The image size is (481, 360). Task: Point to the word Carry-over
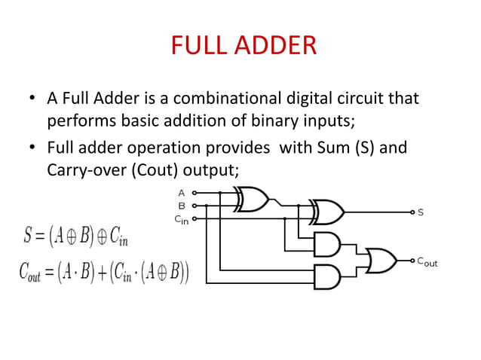(x=87, y=169)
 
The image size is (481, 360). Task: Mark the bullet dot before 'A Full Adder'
(x=32, y=99)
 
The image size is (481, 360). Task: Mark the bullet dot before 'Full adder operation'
(x=32, y=148)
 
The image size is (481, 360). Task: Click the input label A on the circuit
(x=181, y=193)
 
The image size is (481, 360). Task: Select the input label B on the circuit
(x=181, y=205)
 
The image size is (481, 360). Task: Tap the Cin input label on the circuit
(x=181, y=219)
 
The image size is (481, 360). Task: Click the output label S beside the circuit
(x=421, y=213)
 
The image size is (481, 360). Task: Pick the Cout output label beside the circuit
(x=427, y=263)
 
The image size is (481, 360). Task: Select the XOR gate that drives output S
(x=328, y=212)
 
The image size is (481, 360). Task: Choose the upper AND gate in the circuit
(x=326, y=245)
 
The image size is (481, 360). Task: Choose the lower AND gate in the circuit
(x=326, y=276)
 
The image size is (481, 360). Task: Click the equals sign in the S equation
(x=38, y=237)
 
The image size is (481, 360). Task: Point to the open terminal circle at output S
(x=412, y=212)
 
